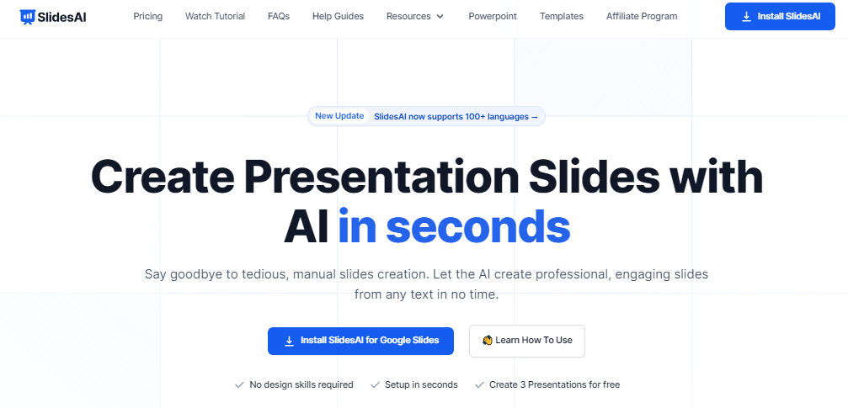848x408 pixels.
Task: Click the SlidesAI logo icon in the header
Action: [28, 17]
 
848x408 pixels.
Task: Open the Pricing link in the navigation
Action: [147, 16]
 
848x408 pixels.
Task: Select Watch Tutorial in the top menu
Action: [215, 16]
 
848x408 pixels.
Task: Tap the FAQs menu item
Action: [279, 16]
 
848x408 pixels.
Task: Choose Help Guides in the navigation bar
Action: [338, 16]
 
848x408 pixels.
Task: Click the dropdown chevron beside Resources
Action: [440, 17]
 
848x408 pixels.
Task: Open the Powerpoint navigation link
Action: [493, 16]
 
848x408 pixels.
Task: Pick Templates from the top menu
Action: [562, 16]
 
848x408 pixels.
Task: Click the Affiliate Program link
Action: [642, 16]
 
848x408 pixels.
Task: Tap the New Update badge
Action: [339, 116]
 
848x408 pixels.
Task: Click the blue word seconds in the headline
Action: [477, 226]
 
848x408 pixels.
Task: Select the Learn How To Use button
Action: [527, 341]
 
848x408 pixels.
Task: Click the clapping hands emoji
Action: [488, 341]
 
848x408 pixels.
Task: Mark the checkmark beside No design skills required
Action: [239, 384]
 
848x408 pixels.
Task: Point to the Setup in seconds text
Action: [421, 384]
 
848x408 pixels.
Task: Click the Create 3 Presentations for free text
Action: [554, 384]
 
